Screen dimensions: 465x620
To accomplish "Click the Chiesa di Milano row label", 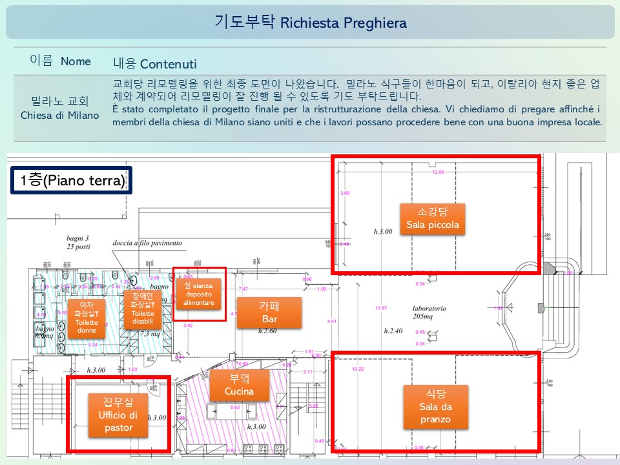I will [x=60, y=108].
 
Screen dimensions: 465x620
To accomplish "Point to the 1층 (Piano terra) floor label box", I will [x=72, y=180].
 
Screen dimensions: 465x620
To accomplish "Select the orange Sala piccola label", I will [x=433, y=218].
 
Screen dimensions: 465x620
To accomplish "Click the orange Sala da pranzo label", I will [x=433, y=406].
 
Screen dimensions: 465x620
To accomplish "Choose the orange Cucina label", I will [x=239, y=385].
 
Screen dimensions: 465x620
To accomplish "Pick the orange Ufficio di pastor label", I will [x=118, y=413].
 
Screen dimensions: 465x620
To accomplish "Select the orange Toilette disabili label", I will [x=143, y=310].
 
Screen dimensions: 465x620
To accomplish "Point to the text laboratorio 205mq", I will [x=430, y=312].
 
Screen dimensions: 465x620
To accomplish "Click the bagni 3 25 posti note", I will [x=77, y=242].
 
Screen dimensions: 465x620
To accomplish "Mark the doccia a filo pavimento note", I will [x=147, y=243].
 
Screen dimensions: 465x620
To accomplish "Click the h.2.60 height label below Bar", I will [x=267, y=331].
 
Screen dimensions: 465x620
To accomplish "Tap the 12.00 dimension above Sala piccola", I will [x=439, y=172].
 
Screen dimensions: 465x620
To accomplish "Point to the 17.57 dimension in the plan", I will [x=381, y=307].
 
